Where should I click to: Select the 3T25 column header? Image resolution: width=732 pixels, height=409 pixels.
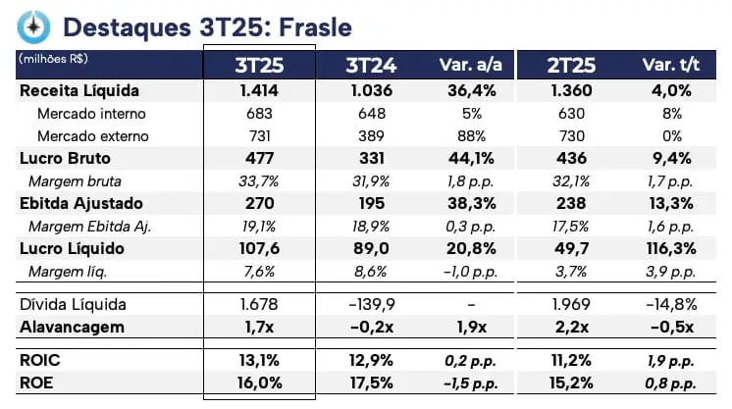259,66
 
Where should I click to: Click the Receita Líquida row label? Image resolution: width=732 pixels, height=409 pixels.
79,91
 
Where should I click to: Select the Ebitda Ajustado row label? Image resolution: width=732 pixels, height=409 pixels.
81,204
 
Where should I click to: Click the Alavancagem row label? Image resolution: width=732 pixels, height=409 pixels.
73,327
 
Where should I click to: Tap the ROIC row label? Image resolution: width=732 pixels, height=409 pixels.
40,360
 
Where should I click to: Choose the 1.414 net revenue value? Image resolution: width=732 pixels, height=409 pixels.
259,91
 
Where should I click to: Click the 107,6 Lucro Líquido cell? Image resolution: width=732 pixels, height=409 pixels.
259,249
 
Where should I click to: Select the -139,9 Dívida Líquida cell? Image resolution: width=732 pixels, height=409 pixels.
371,305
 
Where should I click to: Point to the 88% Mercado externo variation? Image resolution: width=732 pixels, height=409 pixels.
467,135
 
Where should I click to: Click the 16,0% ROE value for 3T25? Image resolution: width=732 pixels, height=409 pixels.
259,383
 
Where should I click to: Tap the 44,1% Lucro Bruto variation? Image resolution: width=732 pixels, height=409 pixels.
467,159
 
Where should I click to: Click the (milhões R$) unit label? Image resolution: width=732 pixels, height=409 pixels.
52,59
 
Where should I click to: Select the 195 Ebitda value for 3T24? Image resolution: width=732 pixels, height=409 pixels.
371,204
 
